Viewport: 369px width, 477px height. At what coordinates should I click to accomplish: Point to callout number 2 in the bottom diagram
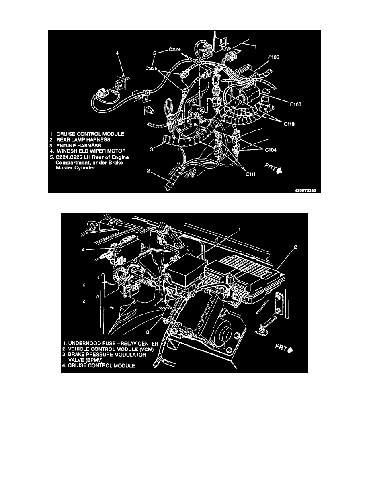pyautogui.click(x=296, y=248)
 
